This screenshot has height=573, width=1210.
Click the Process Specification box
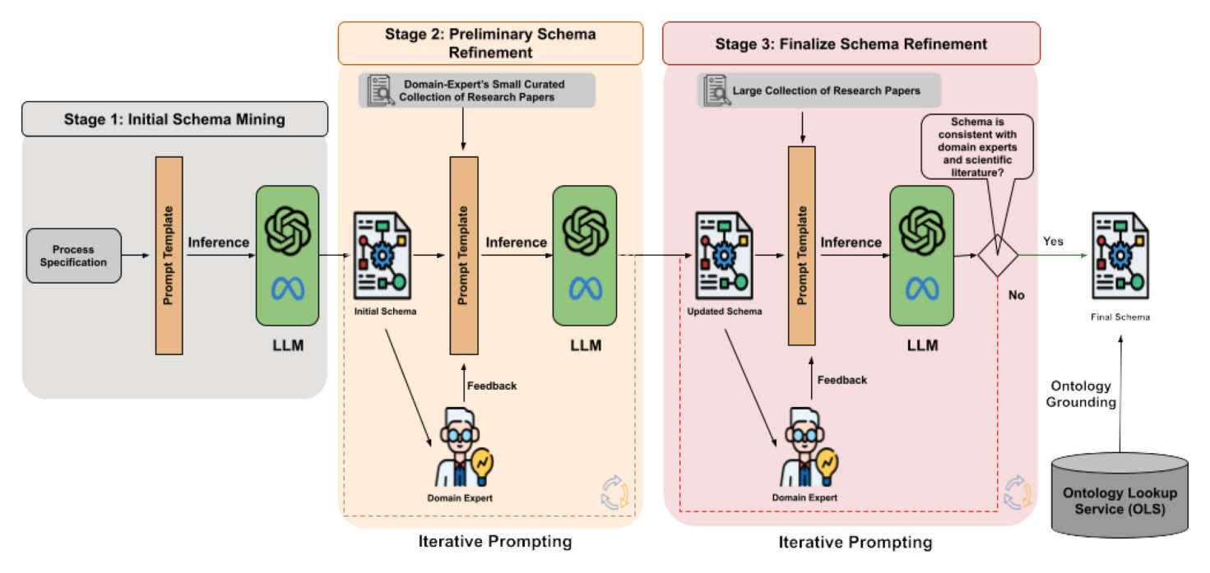74,256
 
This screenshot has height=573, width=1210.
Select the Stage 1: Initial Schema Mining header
174,119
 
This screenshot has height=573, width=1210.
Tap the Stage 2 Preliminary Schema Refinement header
490,44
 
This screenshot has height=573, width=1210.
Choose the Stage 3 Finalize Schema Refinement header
851,44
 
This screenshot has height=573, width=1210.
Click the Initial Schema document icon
382,256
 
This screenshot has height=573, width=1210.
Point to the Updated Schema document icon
724,256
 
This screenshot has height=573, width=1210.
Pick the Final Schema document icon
1120,256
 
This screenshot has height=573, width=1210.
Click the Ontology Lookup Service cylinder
1120,495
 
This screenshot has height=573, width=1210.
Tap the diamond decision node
998,256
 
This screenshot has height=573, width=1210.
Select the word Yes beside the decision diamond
1053,242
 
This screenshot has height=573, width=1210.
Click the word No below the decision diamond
1016,295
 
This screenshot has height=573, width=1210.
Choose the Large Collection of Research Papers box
819,90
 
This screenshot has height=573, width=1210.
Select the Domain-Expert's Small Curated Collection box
477,90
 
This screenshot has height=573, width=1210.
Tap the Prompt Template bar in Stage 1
169,256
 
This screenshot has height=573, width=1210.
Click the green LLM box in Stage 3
921,256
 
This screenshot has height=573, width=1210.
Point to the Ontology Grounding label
1081,394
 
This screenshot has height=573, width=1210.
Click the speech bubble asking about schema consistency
977,147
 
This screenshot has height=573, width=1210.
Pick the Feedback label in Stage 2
492,386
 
